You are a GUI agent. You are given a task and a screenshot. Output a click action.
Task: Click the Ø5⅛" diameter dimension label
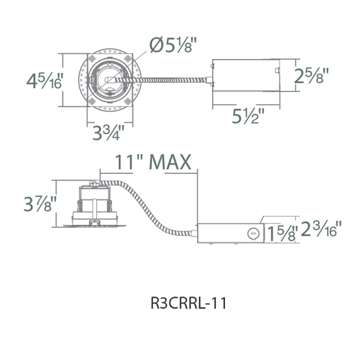coord(173,45)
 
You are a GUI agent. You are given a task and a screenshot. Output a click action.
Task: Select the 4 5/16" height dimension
coord(44,81)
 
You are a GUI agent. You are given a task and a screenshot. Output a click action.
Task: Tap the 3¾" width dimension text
coord(108,132)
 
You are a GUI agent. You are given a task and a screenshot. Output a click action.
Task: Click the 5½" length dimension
coord(248,116)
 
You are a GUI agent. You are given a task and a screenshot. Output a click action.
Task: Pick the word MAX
coord(170,162)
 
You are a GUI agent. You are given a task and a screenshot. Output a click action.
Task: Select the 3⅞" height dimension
coord(40,203)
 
